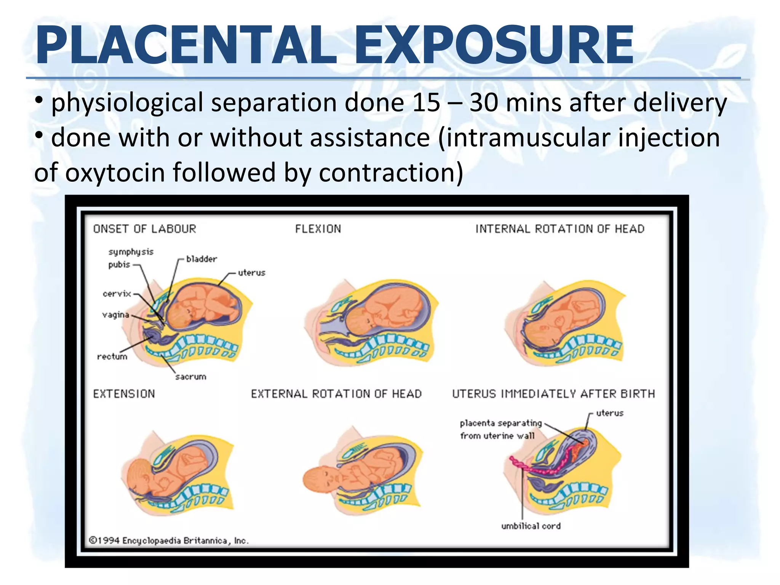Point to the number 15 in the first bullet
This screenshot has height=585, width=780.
426,102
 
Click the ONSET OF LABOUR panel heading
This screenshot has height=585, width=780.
145,229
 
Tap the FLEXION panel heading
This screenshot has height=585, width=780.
318,229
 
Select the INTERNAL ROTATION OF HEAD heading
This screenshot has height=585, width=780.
560,229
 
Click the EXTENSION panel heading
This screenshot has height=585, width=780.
124,394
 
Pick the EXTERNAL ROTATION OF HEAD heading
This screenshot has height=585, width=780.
336,394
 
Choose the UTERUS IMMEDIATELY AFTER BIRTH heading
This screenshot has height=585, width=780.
553,394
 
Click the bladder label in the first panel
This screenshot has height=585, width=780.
201,259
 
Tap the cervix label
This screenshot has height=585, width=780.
117,294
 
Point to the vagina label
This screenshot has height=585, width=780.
116,315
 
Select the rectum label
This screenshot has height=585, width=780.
112,357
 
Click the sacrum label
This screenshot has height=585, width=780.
191,377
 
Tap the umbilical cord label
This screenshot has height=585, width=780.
531,526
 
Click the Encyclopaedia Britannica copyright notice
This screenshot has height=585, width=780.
169,541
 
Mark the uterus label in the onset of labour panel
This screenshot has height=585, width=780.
251,273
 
